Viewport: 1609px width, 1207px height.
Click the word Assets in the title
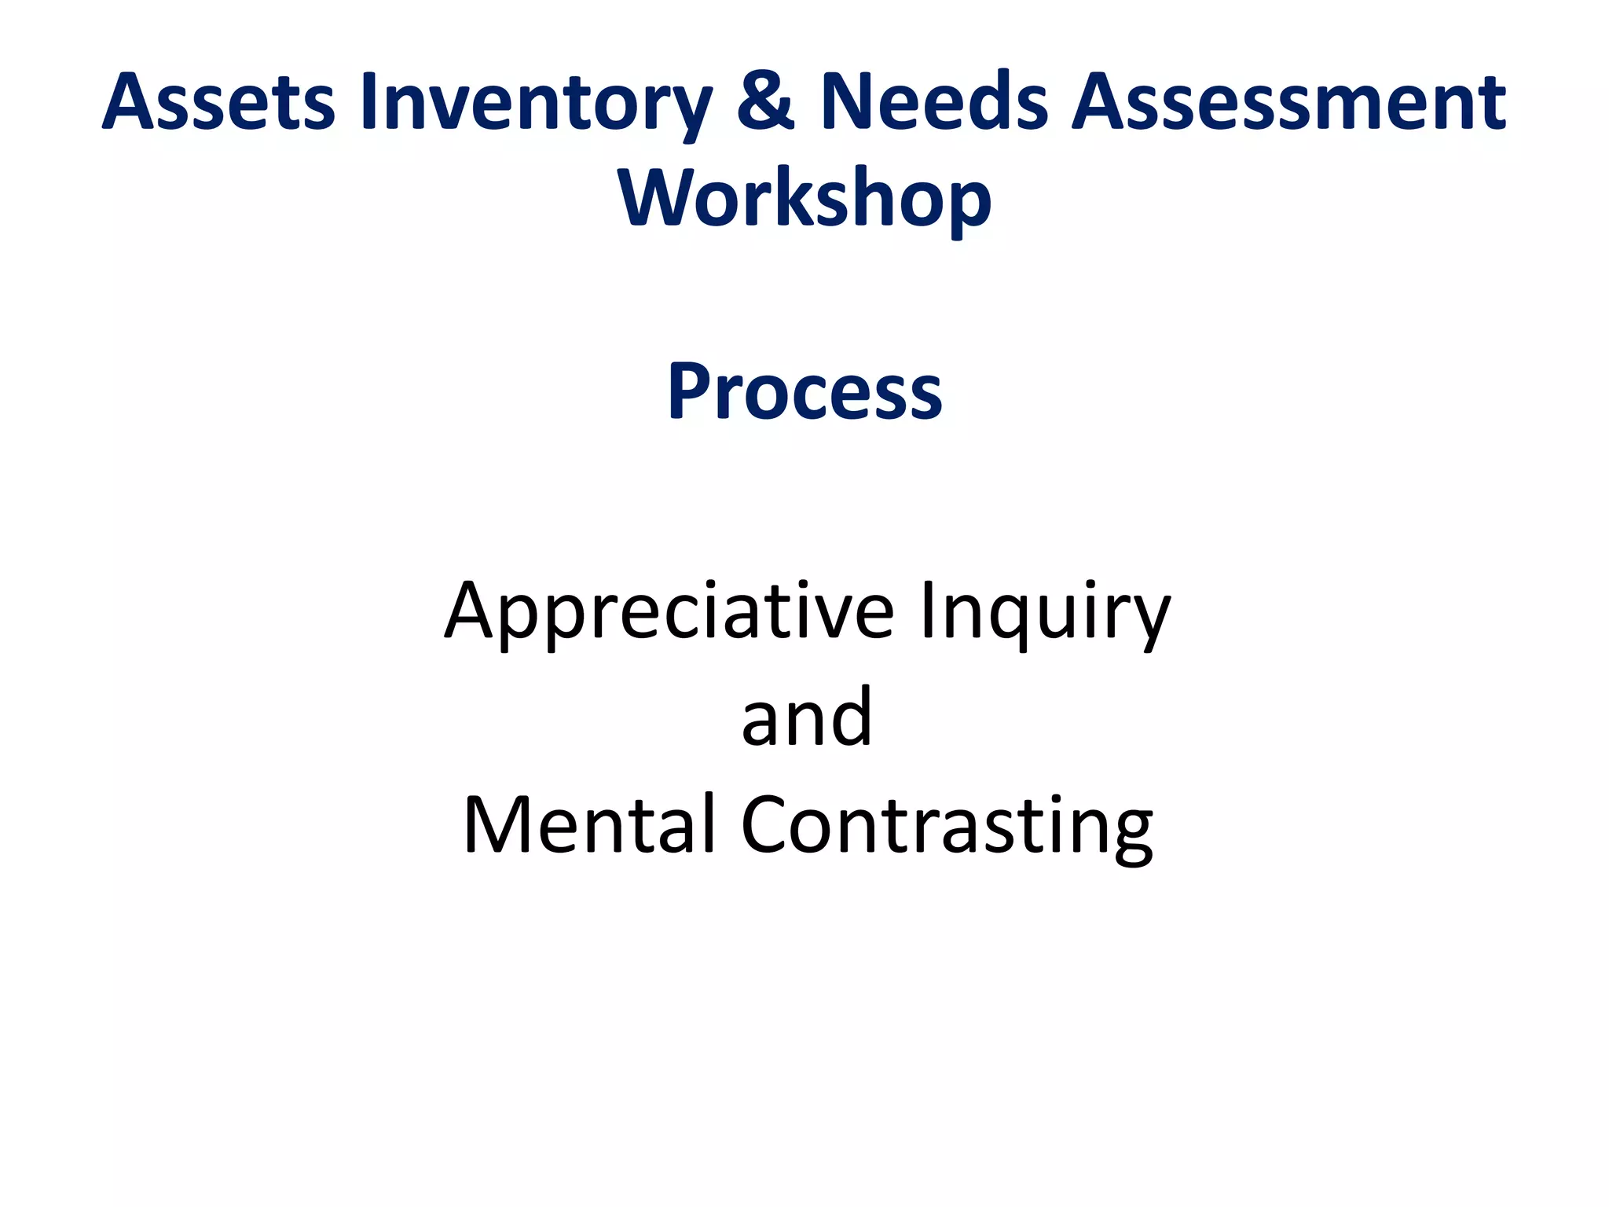(x=218, y=102)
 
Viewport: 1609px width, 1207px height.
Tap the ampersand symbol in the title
(x=766, y=102)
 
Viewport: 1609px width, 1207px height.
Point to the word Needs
(x=934, y=102)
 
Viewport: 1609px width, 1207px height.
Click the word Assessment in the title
(x=1289, y=102)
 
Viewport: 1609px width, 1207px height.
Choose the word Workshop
(x=804, y=198)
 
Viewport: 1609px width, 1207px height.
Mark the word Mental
(x=589, y=824)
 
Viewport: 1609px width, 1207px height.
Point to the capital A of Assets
(x=130, y=102)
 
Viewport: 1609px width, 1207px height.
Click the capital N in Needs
(x=847, y=102)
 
